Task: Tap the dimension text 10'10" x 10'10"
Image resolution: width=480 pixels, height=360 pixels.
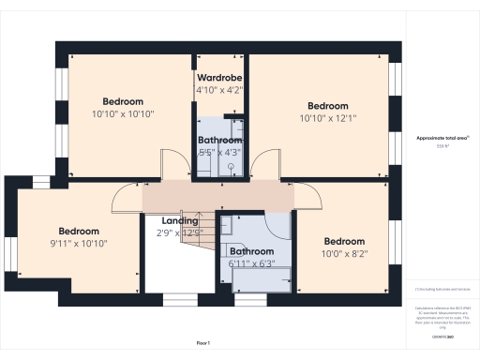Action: point(123,113)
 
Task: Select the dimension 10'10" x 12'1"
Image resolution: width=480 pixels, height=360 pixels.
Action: point(328,118)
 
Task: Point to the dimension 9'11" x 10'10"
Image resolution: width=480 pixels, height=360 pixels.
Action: point(79,243)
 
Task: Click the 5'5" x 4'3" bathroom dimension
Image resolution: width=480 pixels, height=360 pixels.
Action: point(219,151)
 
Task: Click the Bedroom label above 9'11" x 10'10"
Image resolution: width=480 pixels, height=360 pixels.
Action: point(79,231)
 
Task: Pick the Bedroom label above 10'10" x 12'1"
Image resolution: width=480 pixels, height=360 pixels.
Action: point(328,106)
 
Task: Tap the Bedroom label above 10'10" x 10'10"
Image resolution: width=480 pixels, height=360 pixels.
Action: point(123,101)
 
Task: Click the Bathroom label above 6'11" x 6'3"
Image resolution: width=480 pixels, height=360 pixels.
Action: point(251,251)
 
